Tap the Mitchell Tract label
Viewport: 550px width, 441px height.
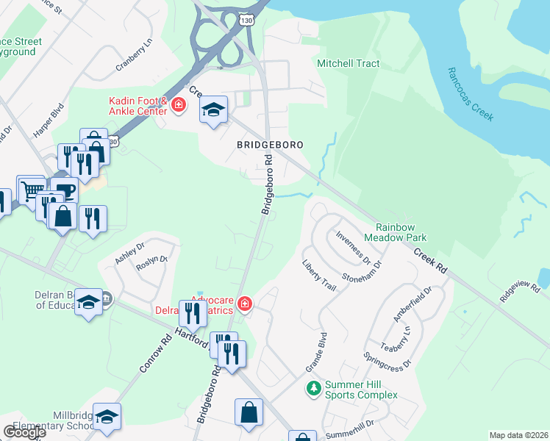[348, 63]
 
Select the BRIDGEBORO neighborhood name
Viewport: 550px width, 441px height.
[271, 145]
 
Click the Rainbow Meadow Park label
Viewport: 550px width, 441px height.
[401, 232]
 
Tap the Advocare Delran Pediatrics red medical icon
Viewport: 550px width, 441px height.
[244, 304]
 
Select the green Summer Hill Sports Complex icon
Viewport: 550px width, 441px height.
[314, 387]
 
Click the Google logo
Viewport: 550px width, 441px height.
[24, 432]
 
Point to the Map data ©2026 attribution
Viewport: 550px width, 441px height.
[518, 435]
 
